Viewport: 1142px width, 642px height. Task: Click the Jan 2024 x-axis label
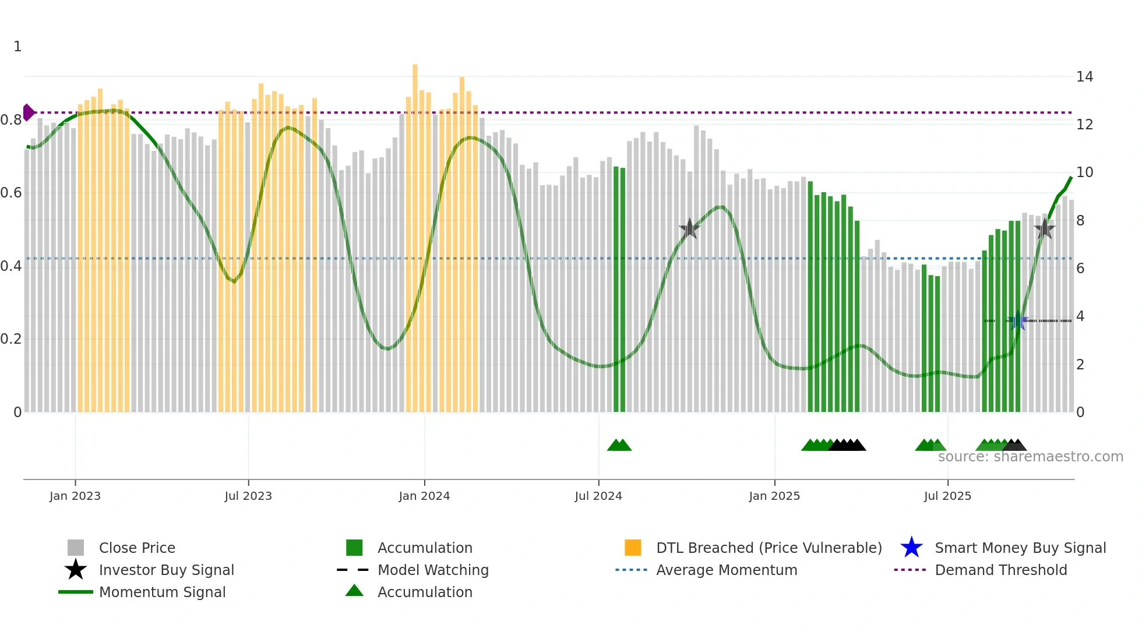[424, 496]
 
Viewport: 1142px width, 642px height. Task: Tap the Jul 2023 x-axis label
[248, 496]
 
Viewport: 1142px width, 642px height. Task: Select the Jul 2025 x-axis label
[947, 496]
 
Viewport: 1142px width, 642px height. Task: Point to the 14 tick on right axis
[1084, 77]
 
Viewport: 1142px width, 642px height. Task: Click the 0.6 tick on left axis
[11, 193]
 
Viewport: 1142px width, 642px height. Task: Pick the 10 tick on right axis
[1084, 172]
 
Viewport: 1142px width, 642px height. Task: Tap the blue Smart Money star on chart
[1017, 320]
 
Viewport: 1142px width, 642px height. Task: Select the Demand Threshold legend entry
[1000, 570]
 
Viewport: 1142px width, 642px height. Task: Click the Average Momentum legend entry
[726, 570]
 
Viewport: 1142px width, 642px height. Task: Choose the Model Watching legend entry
[432, 570]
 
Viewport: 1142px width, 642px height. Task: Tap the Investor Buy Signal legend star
[76, 570]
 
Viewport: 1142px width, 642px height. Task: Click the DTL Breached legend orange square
[633, 548]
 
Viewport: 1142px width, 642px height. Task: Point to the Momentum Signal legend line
[76, 592]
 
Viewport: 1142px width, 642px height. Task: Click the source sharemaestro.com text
[1030, 457]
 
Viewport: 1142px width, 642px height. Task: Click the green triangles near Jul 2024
[619, 445]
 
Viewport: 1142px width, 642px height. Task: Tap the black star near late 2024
[689, 228]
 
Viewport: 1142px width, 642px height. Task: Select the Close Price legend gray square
[76, 548]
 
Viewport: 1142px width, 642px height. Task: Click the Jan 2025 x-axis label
[774, 496]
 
